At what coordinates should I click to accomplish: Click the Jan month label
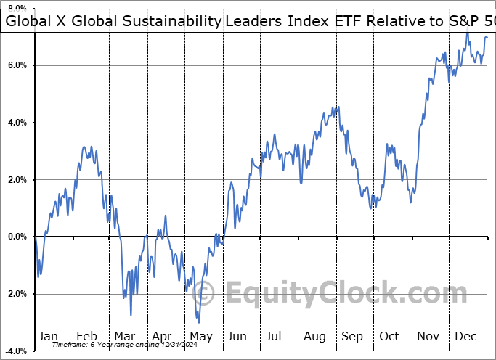(48, 336)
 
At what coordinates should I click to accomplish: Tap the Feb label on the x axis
(86, 336)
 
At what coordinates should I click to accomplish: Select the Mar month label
(125, 336)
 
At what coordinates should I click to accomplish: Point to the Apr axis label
(161, 336)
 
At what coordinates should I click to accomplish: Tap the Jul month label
(275, 336)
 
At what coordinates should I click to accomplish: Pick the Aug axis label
(314, 336)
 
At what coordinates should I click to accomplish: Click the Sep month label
(352, 336)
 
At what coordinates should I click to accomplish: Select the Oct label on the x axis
(390, 336)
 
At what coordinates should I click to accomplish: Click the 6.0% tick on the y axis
(17, 65)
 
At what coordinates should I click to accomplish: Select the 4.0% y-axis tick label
(17, 123)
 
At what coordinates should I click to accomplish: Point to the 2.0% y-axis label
(17, 180)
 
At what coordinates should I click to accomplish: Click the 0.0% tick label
(17, 237)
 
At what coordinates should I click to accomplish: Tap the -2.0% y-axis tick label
(15, 294)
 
